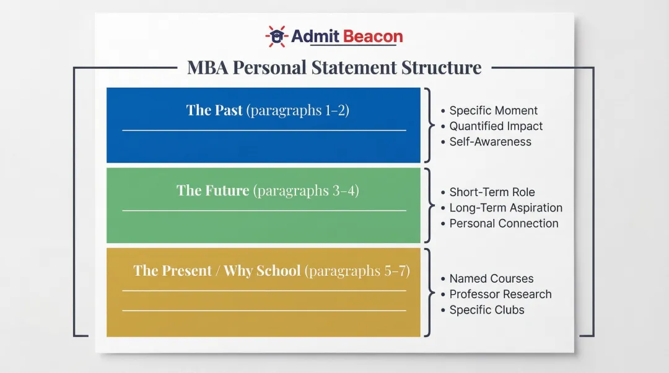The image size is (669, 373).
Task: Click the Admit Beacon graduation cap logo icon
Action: click(x=276, y=36)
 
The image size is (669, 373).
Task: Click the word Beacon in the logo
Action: click(x=372, y=36)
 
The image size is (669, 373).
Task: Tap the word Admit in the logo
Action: click(x=314, y=36)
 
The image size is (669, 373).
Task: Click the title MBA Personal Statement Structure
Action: click(x=334, y=67)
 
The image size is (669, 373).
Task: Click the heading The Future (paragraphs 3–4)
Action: click(x=268, y=191)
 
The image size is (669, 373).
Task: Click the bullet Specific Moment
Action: click(x=493, y=111)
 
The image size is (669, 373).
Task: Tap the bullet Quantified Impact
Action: click(x=496, y=126)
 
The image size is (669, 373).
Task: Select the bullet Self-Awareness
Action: click(x=490, y=142)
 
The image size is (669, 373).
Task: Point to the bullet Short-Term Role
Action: click(x=492, y=192)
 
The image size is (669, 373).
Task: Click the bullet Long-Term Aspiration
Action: click(x=505, y=208)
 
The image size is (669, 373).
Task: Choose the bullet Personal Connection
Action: click(x=504, y=223)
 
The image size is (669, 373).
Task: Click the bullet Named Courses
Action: click(x=491, y=279)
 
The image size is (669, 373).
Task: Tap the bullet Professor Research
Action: click(x=500, y=294)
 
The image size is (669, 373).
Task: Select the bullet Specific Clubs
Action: click(x=487, y=310)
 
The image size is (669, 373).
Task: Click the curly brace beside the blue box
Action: click(x=428, y=125)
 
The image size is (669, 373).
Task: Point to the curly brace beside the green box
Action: click(x=428, y=205)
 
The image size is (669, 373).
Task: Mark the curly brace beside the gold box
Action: click(x=428, y=293)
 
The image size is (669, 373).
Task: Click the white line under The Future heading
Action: click(x=265, y=211)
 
